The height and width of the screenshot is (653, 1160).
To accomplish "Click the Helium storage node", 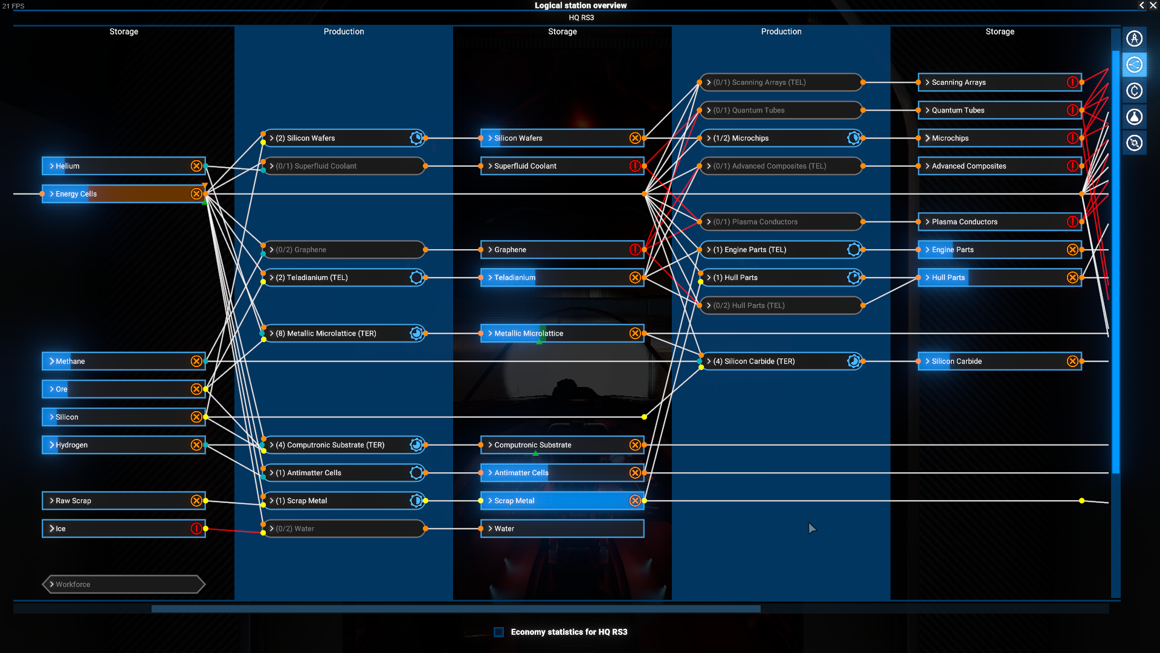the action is point(124,166).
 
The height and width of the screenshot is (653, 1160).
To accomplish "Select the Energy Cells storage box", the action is point(124,193).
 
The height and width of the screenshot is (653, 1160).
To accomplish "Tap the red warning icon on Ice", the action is point(196,528).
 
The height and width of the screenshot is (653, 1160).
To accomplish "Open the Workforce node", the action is point(124,584).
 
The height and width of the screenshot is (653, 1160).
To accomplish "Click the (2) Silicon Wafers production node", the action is point(344,138).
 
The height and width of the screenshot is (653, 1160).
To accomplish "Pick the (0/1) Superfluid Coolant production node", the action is point(344,166).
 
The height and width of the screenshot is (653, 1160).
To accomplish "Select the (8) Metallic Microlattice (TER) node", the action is point(344,333).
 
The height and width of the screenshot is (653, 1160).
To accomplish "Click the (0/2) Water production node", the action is point(344,528).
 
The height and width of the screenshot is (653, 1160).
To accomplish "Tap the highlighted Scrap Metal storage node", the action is point(562,501).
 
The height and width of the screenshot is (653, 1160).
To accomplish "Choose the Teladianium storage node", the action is point(562,278).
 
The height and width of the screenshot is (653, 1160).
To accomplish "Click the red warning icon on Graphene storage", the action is point(635,250).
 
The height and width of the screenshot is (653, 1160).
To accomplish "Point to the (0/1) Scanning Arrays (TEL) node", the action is point(781,82).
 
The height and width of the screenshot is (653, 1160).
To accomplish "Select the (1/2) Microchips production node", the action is point(781,138).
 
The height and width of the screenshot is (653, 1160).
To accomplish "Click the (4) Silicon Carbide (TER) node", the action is point(781,361).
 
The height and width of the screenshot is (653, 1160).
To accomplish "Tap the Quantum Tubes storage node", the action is point(1000,110).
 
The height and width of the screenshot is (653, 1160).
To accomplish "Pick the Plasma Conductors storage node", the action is point(1000,222).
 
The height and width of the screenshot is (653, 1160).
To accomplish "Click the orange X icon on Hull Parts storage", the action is point(1072,278).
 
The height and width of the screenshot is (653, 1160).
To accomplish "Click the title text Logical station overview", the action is point(581,5).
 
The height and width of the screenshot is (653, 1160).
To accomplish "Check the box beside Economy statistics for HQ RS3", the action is point(498,632).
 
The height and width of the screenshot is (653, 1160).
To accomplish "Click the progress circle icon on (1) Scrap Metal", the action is point(416,501).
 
